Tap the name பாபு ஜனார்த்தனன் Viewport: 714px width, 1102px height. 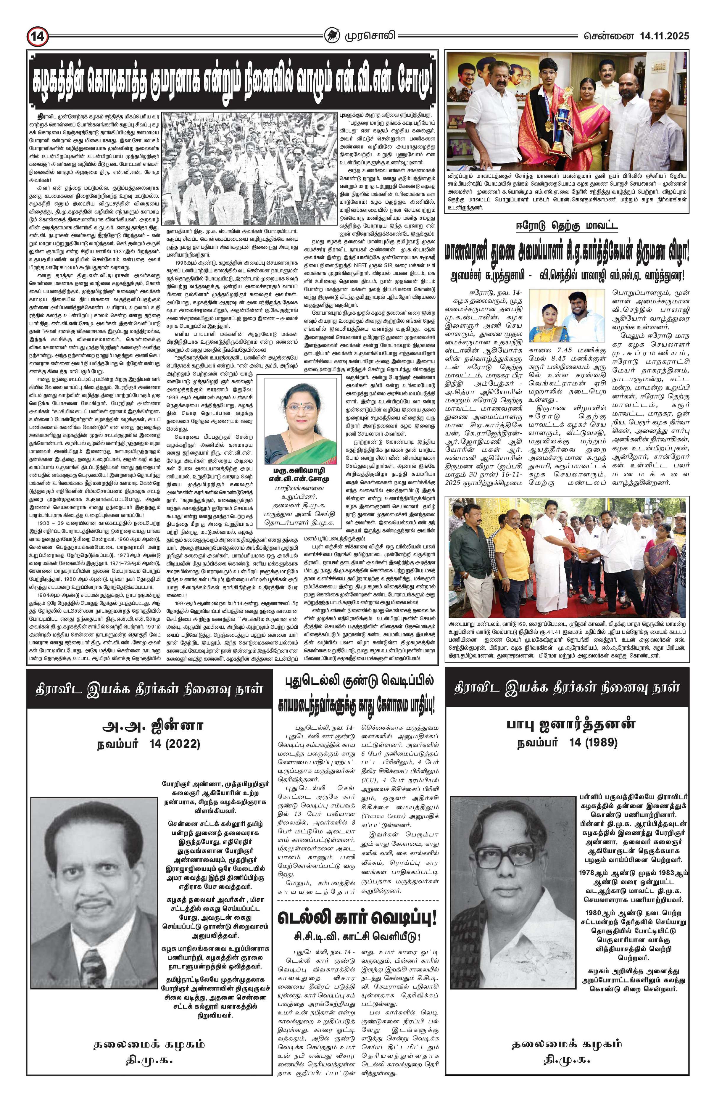point(566,725)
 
